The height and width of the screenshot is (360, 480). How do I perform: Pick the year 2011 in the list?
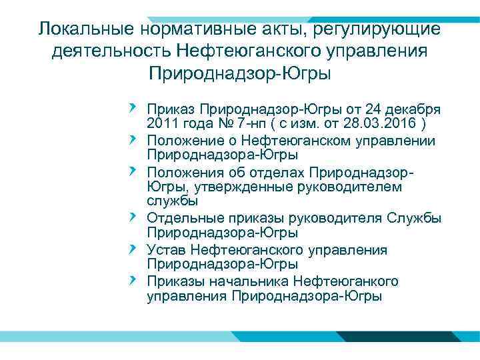(163, 125)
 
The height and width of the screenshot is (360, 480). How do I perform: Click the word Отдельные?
(183, 218)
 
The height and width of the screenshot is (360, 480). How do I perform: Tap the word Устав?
(167, 249)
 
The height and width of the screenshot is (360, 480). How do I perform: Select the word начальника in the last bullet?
(255, 280)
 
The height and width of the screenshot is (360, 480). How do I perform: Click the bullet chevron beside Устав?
(133, 249)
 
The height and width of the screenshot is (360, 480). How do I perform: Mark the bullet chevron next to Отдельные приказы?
(133, 217)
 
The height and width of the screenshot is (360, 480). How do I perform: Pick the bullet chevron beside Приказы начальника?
(133, 279)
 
